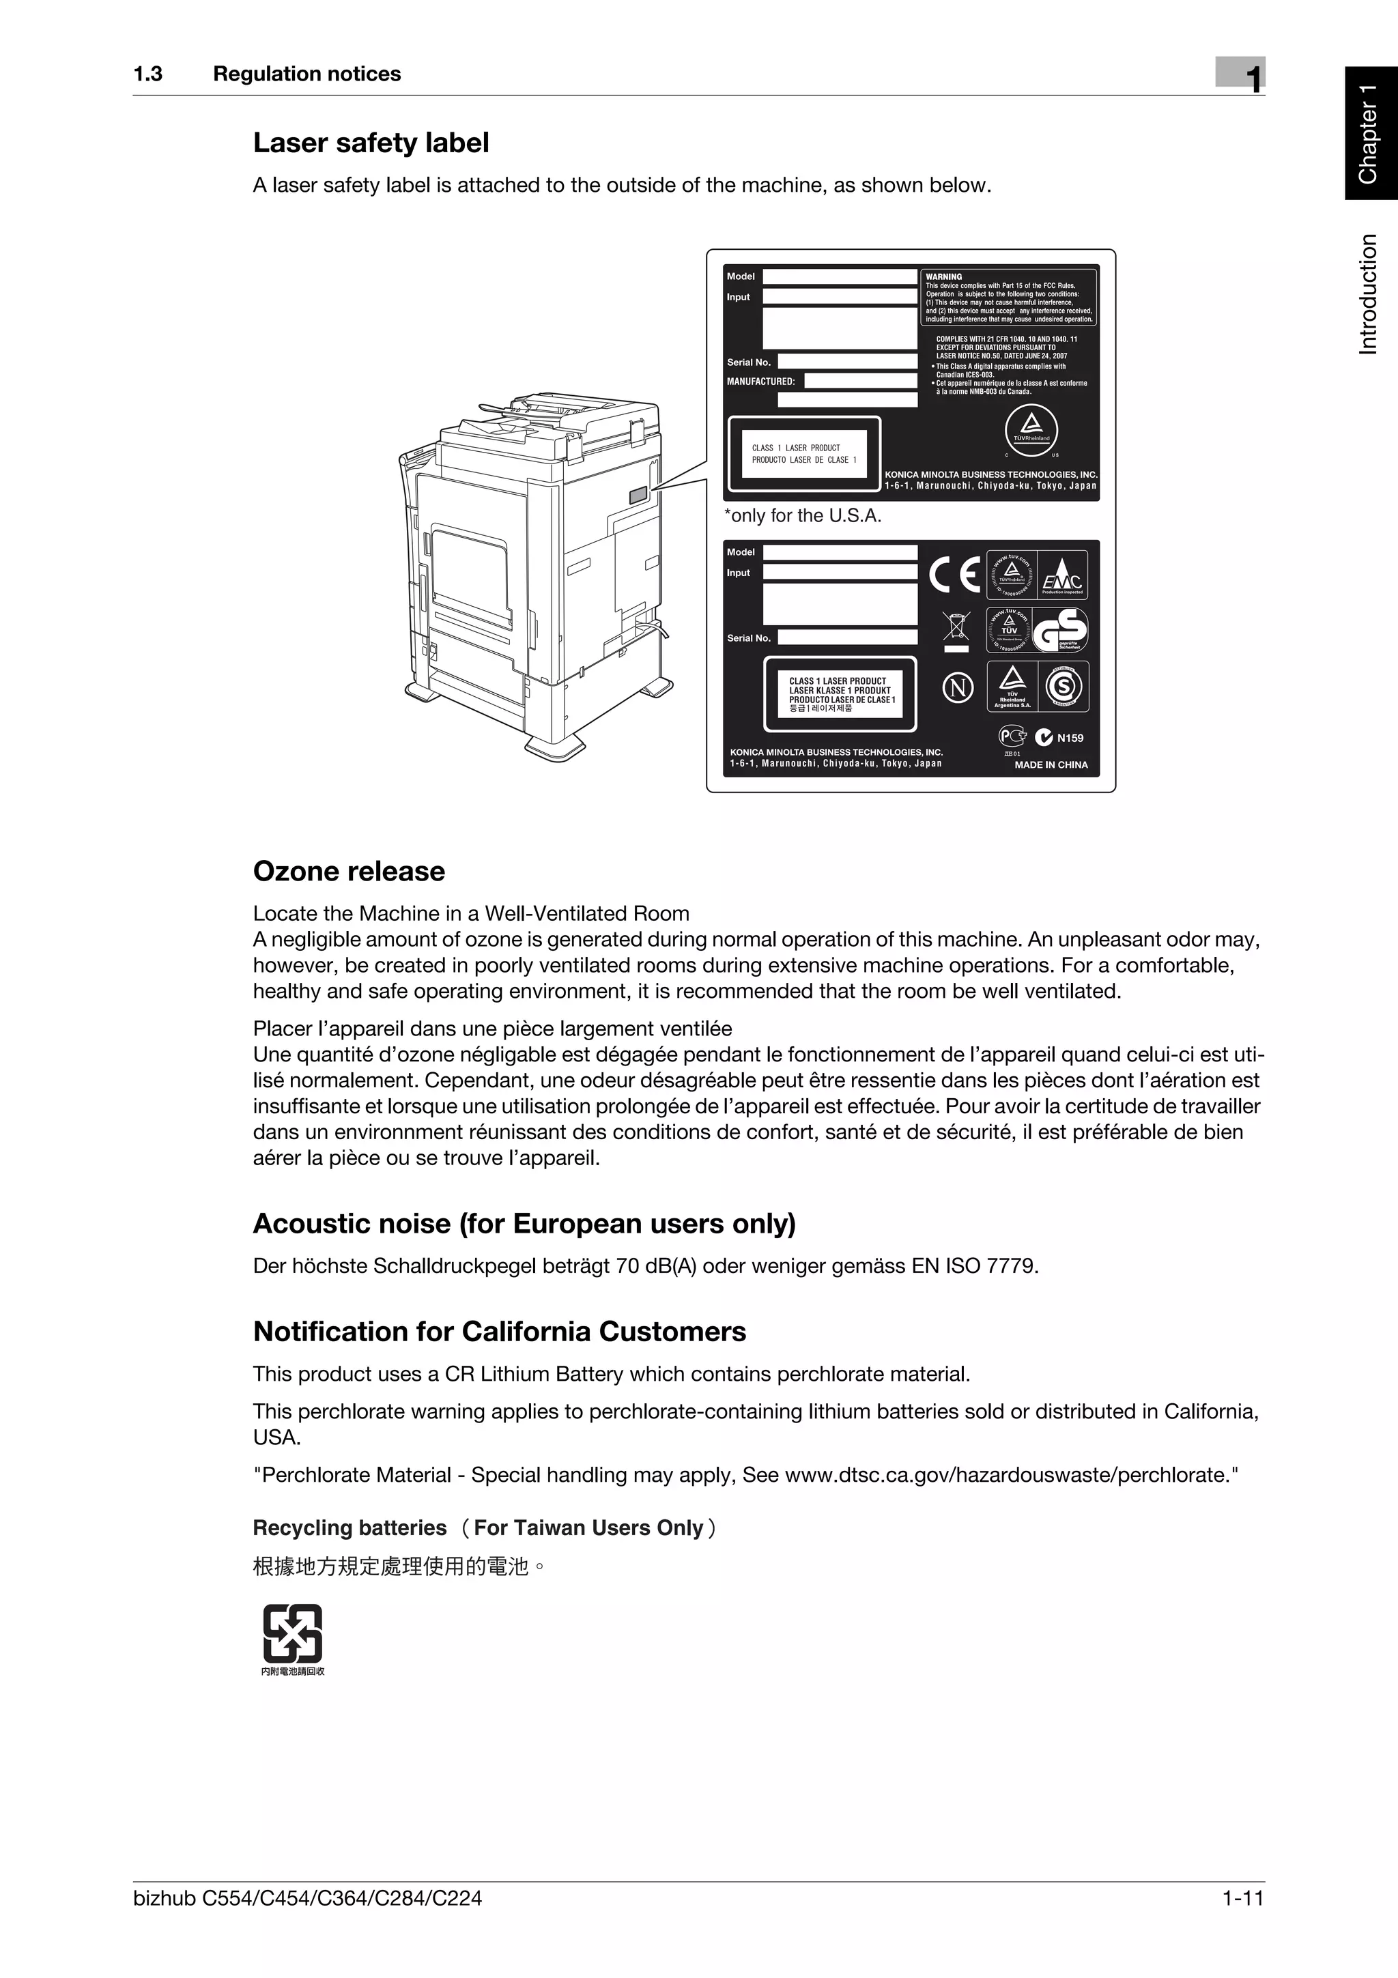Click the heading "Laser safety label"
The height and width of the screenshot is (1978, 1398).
[371, 143]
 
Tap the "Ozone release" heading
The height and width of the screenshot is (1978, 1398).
[349, 871]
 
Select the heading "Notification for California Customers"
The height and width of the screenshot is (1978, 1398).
[500, 1331]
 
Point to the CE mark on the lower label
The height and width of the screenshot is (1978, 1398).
[954, 575]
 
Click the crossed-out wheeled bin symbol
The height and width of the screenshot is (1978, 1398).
[956, 628]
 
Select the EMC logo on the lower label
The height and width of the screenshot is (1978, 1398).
[1063, 575]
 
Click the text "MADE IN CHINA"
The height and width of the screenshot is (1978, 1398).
[1051, 765]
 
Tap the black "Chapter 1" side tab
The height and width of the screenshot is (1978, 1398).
[1371, 134]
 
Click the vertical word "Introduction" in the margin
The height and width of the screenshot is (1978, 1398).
[1369, 293]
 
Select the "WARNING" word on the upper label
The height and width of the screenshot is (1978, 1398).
[943, 276]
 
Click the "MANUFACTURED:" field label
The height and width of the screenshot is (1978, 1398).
[760, 381]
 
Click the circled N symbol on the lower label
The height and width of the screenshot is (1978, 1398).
[958, 687]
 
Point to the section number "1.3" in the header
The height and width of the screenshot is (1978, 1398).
[148, 74]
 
